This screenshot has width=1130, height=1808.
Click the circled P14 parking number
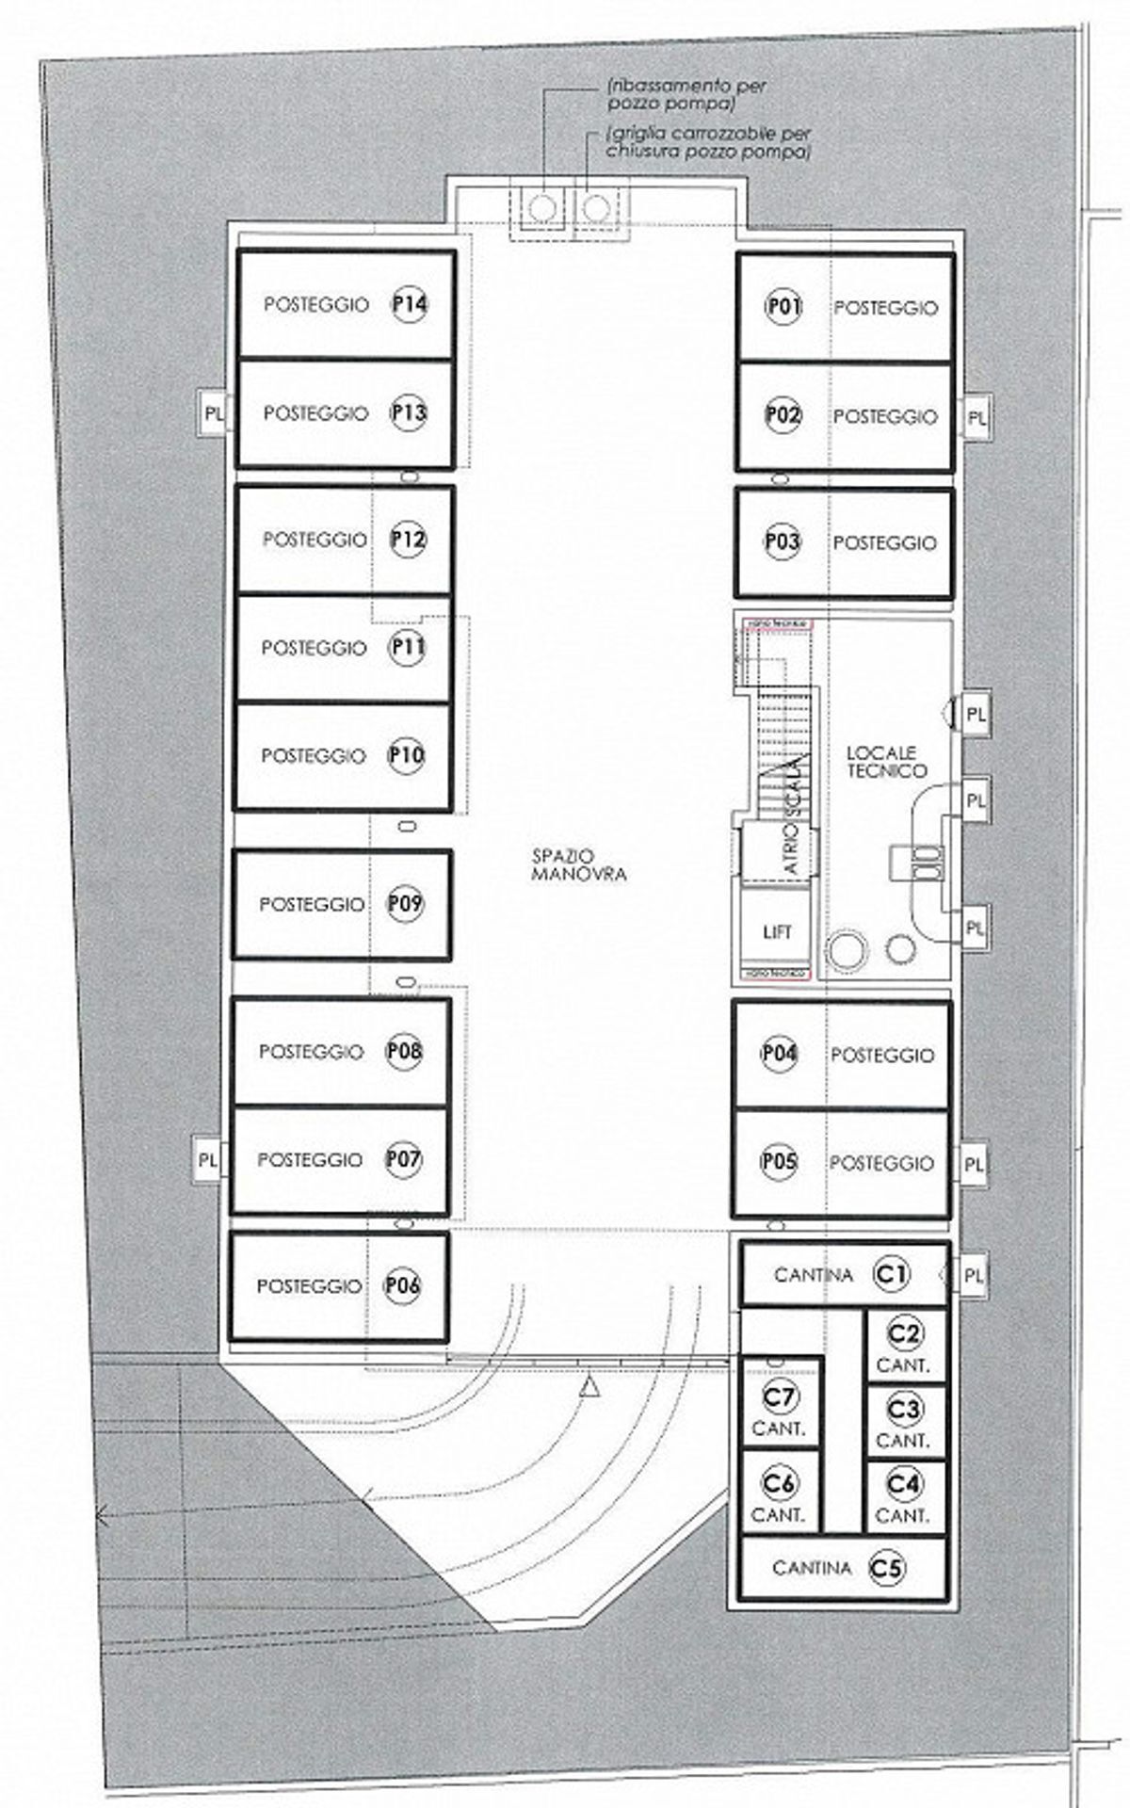tap(410, 304)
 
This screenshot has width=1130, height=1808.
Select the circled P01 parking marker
tap(783, 307)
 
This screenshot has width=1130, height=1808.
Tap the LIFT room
tap(777, 931)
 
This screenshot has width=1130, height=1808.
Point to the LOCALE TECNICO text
tap(886, 762)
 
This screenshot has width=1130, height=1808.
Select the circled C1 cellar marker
tap(892, 1274)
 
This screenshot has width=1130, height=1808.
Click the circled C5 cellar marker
tap(888, 1568)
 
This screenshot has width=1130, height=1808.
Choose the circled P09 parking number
tap(406, 904)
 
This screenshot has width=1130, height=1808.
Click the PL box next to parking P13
tap(213, 413)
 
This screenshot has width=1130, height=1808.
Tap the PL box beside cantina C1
tap(974, 1276)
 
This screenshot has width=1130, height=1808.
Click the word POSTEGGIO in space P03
tap(884, 542)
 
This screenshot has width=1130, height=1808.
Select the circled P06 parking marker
tap(402, 1285)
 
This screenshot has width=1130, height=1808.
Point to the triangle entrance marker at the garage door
tap(590, 1387)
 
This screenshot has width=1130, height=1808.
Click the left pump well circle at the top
tap(541, 208)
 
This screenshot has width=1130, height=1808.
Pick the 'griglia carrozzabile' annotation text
tap(708, 143)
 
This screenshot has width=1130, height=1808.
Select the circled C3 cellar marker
tap(904, 1410)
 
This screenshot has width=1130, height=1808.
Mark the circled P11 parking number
tap(408, 648)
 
